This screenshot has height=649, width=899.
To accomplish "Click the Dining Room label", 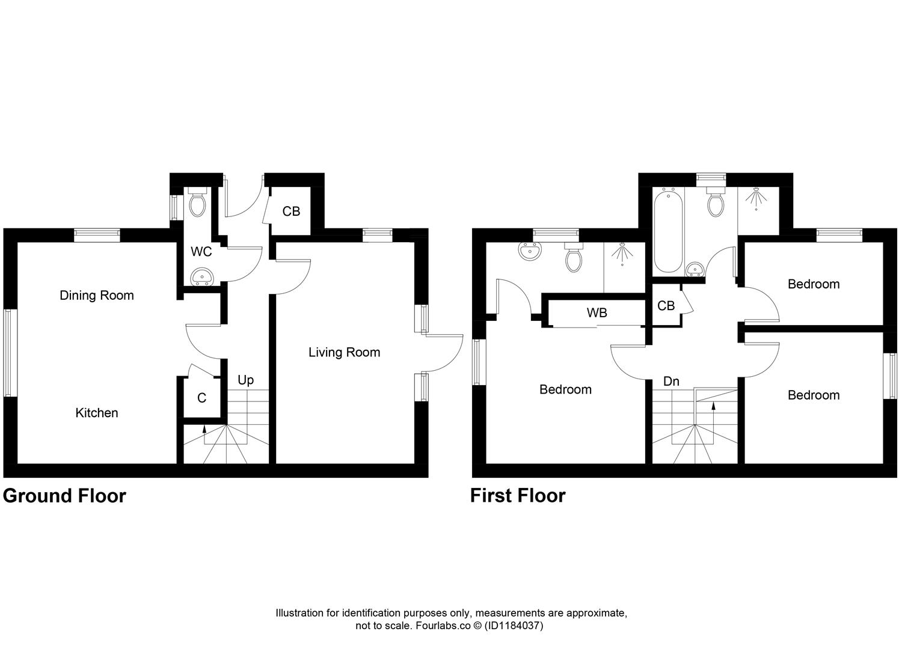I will tap(96, 295).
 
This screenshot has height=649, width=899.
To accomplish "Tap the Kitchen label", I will tap(96, 413).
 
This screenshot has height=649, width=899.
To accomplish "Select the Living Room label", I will tap(344, 352).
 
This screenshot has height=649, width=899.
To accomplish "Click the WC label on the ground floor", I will tap(201, 252).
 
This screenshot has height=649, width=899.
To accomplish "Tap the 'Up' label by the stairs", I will tap(245, 380).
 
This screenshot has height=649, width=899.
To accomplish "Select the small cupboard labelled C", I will tap(201, 398).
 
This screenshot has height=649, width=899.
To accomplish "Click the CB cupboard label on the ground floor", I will tap(291, 212).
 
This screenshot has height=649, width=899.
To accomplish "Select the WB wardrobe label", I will tap(597, 312).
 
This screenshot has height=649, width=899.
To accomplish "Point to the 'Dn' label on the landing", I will tap(671, 381).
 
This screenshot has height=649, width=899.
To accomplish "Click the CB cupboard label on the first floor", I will tap(666, 306).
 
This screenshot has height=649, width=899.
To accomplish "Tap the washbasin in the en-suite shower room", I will tap(530, 252).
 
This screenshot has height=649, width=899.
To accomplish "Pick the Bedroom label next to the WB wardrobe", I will tap(565, 389).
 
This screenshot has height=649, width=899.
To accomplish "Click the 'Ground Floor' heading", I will tap(64, 496).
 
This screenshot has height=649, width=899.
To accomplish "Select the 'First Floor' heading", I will tap(518, 496).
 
